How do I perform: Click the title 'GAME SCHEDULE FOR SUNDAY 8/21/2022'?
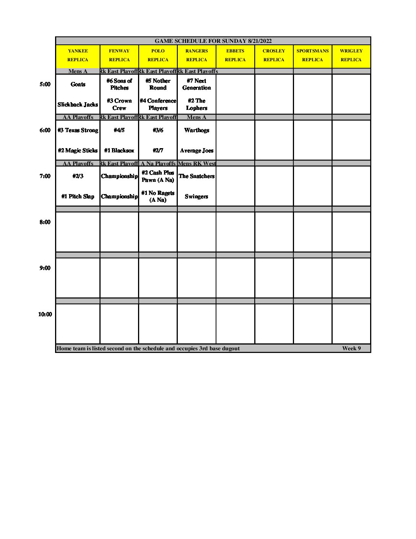(213, 41)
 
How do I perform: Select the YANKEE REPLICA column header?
(78, 55)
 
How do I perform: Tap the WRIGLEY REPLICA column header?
(351, 55)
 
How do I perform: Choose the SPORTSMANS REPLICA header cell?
(312, 55)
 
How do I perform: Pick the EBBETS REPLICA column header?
(235, 55)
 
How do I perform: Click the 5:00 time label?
(45, 84)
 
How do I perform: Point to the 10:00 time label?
(45, 314)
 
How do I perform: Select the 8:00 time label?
(45, 222)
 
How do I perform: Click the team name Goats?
(78, 84)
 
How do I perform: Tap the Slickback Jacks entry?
(78, 105)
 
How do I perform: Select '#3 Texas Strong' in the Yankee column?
(78, 130)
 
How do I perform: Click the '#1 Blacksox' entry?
(119, 150)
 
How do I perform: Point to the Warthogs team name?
(197, 130)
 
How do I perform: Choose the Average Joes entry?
(197, 150)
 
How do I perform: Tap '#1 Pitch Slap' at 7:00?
(78, 196)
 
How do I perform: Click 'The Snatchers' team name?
(197, 176)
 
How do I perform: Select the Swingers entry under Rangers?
(197, 196)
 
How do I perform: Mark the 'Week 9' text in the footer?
(351, 348)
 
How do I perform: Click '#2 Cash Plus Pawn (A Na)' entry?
(158, 176)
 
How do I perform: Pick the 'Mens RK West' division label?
(197, 163)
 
